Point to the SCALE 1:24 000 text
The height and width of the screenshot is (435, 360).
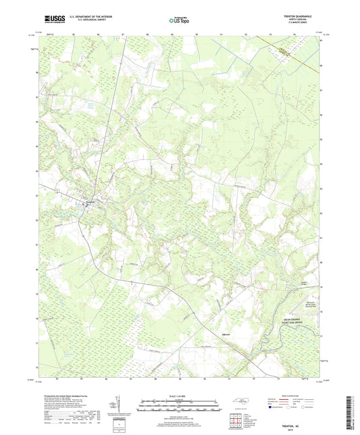pyautogui.click(x=179, y=396)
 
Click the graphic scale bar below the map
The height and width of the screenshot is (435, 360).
pyautogui.click(x=179, y=407)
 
